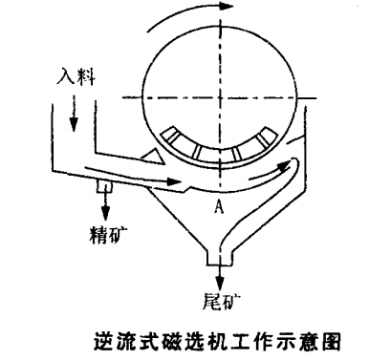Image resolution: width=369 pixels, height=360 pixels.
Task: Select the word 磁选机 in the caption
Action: tap(192, 340)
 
